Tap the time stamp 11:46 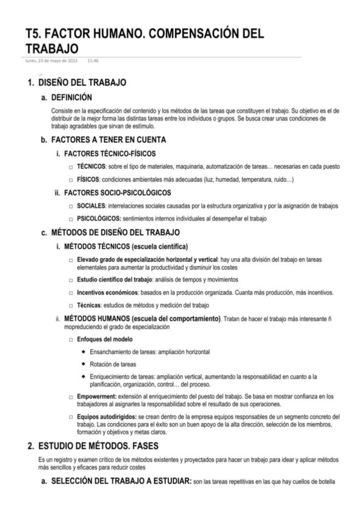94,60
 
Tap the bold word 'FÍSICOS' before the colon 88,180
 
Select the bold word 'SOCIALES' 92,206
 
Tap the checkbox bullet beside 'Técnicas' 72,305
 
